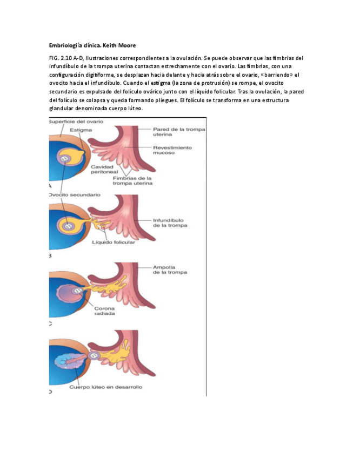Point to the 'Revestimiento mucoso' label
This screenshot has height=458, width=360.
172,150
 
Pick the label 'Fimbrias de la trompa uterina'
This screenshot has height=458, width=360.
132,180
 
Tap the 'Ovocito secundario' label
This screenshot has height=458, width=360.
74,194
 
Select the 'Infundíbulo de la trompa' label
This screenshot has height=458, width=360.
170,223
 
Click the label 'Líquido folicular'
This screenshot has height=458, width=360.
114,242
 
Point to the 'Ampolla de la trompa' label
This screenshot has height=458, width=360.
170,270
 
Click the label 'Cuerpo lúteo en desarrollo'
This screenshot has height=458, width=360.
106,387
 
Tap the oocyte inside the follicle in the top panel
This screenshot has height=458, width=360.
64,158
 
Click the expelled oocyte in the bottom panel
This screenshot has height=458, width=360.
94,356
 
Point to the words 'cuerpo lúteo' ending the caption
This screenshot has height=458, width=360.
126,108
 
